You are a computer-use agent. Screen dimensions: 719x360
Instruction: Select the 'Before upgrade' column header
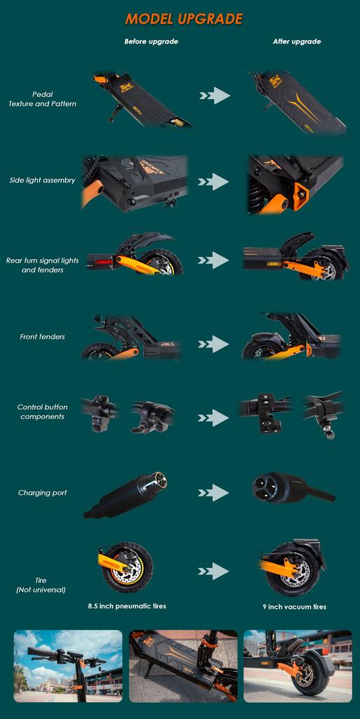tap(151, 41)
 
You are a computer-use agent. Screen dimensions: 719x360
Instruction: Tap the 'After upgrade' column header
tap(296, 41)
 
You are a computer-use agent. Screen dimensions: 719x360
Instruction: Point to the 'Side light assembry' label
tap(42, 180)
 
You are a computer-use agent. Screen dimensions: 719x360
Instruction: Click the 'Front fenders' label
tap(42, 337)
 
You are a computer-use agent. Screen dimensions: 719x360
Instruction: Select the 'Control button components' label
tap(42, 412)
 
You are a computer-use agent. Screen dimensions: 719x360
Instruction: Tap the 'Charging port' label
tap(42, 493)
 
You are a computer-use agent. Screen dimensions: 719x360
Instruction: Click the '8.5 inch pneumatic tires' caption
tap(127, 605)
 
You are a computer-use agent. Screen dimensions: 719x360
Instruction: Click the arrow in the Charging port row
tap(213, 493)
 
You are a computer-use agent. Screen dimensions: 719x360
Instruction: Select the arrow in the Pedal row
tap(213, 95)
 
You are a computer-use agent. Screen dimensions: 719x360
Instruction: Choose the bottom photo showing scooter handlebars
tap(67, 666)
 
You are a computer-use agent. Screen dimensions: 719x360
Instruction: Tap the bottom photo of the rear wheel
tap(298, 666)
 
